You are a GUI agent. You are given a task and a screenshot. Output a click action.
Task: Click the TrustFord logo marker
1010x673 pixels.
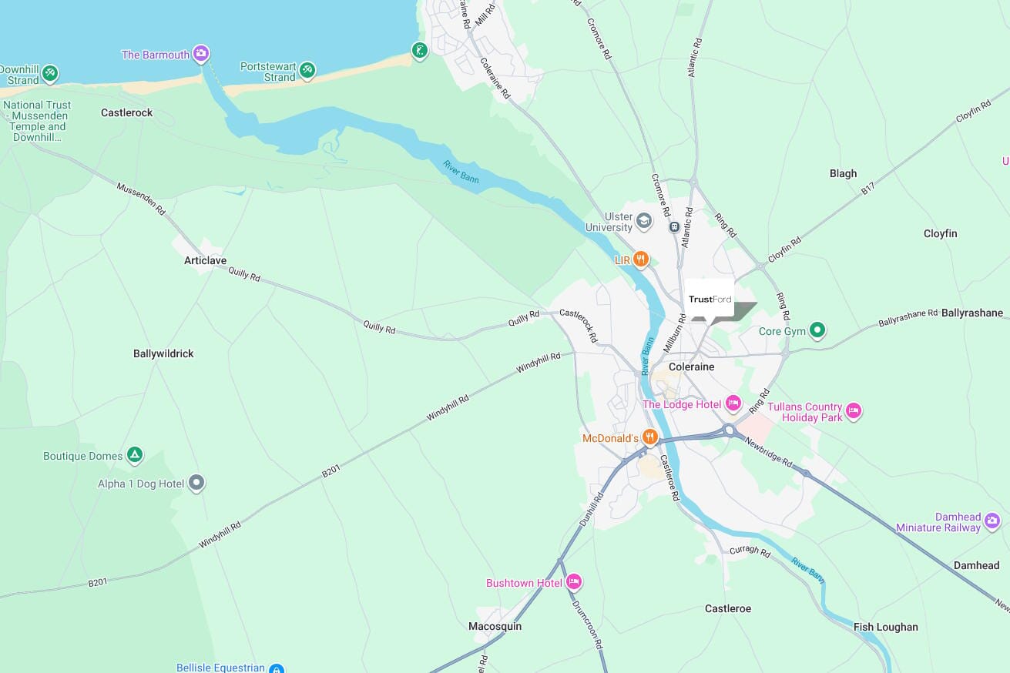pyautogui.click(x=710, y=300)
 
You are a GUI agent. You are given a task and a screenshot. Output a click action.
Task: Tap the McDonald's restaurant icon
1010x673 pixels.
pyautogui.click(x=650, y=437)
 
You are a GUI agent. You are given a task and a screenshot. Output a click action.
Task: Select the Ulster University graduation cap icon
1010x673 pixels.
pyautogui.click(x=644, y=222)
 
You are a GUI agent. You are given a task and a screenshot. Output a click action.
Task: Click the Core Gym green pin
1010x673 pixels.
pyautogui.click(x=817, y=331)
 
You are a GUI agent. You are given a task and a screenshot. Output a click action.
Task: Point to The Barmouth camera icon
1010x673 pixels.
pyautogui.click(x=201, y=54)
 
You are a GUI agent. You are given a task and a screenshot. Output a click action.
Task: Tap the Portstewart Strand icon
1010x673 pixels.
pyautogui.click(x=307, y=70)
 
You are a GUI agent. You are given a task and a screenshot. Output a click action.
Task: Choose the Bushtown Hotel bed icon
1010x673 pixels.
pyautogui.click(x=574, y=582)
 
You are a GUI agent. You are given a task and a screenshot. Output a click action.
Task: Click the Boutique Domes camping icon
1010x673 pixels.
pyautogui.click(x=135, y=455)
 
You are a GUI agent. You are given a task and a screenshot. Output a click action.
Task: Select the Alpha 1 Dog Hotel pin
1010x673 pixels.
pyautogui.click(x=196, y=483)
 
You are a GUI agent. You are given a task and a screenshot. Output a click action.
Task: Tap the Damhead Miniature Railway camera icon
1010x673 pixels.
pyautogui.click(x=992, y=521)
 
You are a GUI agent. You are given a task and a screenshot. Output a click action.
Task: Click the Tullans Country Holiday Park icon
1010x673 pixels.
pyautogui.click(x=853, y=411)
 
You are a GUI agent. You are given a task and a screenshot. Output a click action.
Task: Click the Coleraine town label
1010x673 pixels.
pyautogui.click(x=691, y=367)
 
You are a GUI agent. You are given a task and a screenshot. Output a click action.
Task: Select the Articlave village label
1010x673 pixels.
pyautogui.click(x=205, y=260)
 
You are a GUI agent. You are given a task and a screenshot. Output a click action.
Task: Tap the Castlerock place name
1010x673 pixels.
pyautogui.click(x=126, y=112)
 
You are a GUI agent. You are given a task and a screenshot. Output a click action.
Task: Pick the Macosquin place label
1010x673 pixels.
pyautogui.click(x=495, y=626)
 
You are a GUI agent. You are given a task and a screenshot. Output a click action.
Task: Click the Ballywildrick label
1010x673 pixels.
pyautogui.click(x=163, y=353)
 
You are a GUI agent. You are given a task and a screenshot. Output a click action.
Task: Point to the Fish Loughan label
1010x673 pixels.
pyautogui.click(x=885, y=627)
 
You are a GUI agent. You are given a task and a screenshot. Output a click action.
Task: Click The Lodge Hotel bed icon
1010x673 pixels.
pyautogui.click(x=733, y=403)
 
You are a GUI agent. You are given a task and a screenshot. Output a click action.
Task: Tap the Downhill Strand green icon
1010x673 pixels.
pyautogui.click(x=50, y=73)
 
